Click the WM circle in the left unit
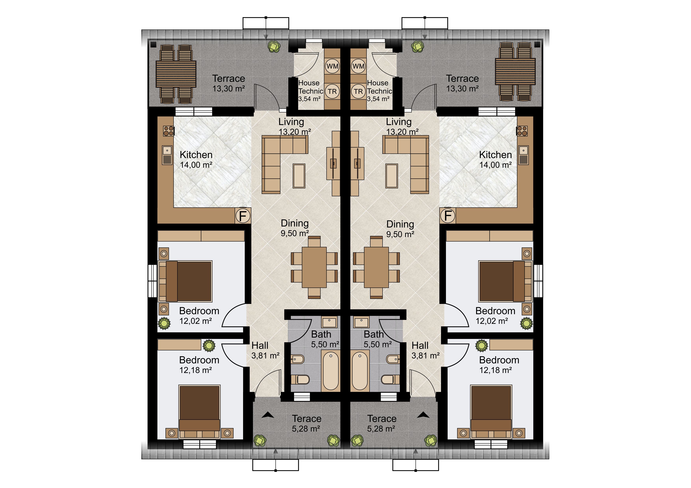[x=332, y=66]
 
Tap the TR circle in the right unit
[x=358, y=91]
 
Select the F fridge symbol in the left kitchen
[x=242, y=215]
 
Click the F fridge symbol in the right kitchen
[x=448, y=215]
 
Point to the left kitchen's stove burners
[x=169, y=131]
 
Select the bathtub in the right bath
[x=360, y=370]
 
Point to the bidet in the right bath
[x=393, y=359]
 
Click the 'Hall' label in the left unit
[x=260, y=346]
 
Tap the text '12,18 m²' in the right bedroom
[x=495, y=370]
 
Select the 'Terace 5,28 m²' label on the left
[x=306, y=423]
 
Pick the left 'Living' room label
[x=291, y=122]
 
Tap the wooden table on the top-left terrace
[x=176, y=74]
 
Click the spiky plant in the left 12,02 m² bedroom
[x=164, y=323]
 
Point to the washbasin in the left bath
[x=329, y=322]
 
